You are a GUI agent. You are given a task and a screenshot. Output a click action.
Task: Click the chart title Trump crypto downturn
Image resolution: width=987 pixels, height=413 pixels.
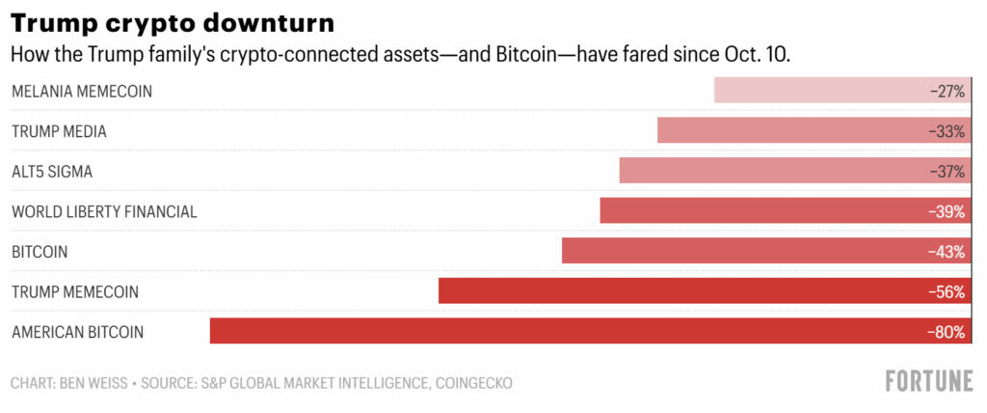tap(170, 21)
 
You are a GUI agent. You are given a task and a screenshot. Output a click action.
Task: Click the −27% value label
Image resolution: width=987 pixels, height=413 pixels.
tap(947, 91)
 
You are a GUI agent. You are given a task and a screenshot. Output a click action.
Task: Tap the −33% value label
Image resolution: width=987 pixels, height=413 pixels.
tap(947, 130)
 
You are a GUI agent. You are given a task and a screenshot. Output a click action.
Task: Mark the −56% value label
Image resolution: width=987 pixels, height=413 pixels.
tap(947, 291)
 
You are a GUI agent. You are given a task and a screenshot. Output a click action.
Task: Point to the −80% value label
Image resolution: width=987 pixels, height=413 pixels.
tap(947, 331)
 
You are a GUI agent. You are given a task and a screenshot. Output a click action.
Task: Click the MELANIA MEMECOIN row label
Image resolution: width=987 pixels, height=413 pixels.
tap(82, 91)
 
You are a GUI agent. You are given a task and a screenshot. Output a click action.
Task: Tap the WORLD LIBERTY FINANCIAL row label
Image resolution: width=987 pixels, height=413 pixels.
tap(104, 211)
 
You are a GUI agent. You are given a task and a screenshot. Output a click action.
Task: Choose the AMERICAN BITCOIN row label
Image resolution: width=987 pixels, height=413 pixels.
tap(77, 332)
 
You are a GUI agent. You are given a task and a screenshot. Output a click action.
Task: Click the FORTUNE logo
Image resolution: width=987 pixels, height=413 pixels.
tap(929, 382)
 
